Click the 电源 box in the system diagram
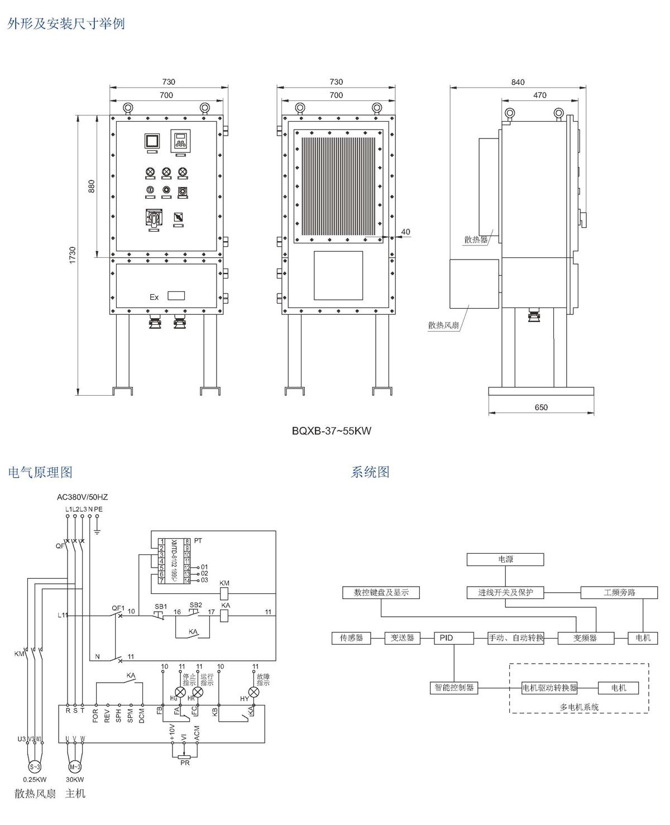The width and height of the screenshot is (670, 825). coord(505,559)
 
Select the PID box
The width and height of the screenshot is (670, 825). coord(453,637)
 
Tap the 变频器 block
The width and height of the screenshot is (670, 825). coord(585,637)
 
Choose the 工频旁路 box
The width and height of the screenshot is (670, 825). coord(619,592)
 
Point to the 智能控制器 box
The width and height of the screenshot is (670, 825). coord(454,688)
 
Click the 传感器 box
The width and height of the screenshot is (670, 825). coord(351,637)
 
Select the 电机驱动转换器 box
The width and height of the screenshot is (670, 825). coord(549,688)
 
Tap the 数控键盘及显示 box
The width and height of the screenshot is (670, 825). coord(381,592)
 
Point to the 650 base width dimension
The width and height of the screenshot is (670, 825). coord(541,407)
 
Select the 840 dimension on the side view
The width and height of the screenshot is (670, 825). coord(518,82)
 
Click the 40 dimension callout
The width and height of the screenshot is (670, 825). coord(405,232)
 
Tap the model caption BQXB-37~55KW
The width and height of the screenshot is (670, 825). coord(332,431)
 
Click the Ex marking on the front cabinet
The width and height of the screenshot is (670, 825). coord(154,297)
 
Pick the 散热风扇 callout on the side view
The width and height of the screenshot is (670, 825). coord(443,325)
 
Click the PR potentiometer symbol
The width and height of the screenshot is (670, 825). coord(184,757)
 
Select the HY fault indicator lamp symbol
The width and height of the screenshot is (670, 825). coord(253,693)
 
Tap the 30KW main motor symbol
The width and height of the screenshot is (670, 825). coord(75,766)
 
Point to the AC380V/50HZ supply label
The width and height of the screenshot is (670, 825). coord(83,497)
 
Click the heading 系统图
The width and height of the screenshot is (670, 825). coord(370,472)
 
